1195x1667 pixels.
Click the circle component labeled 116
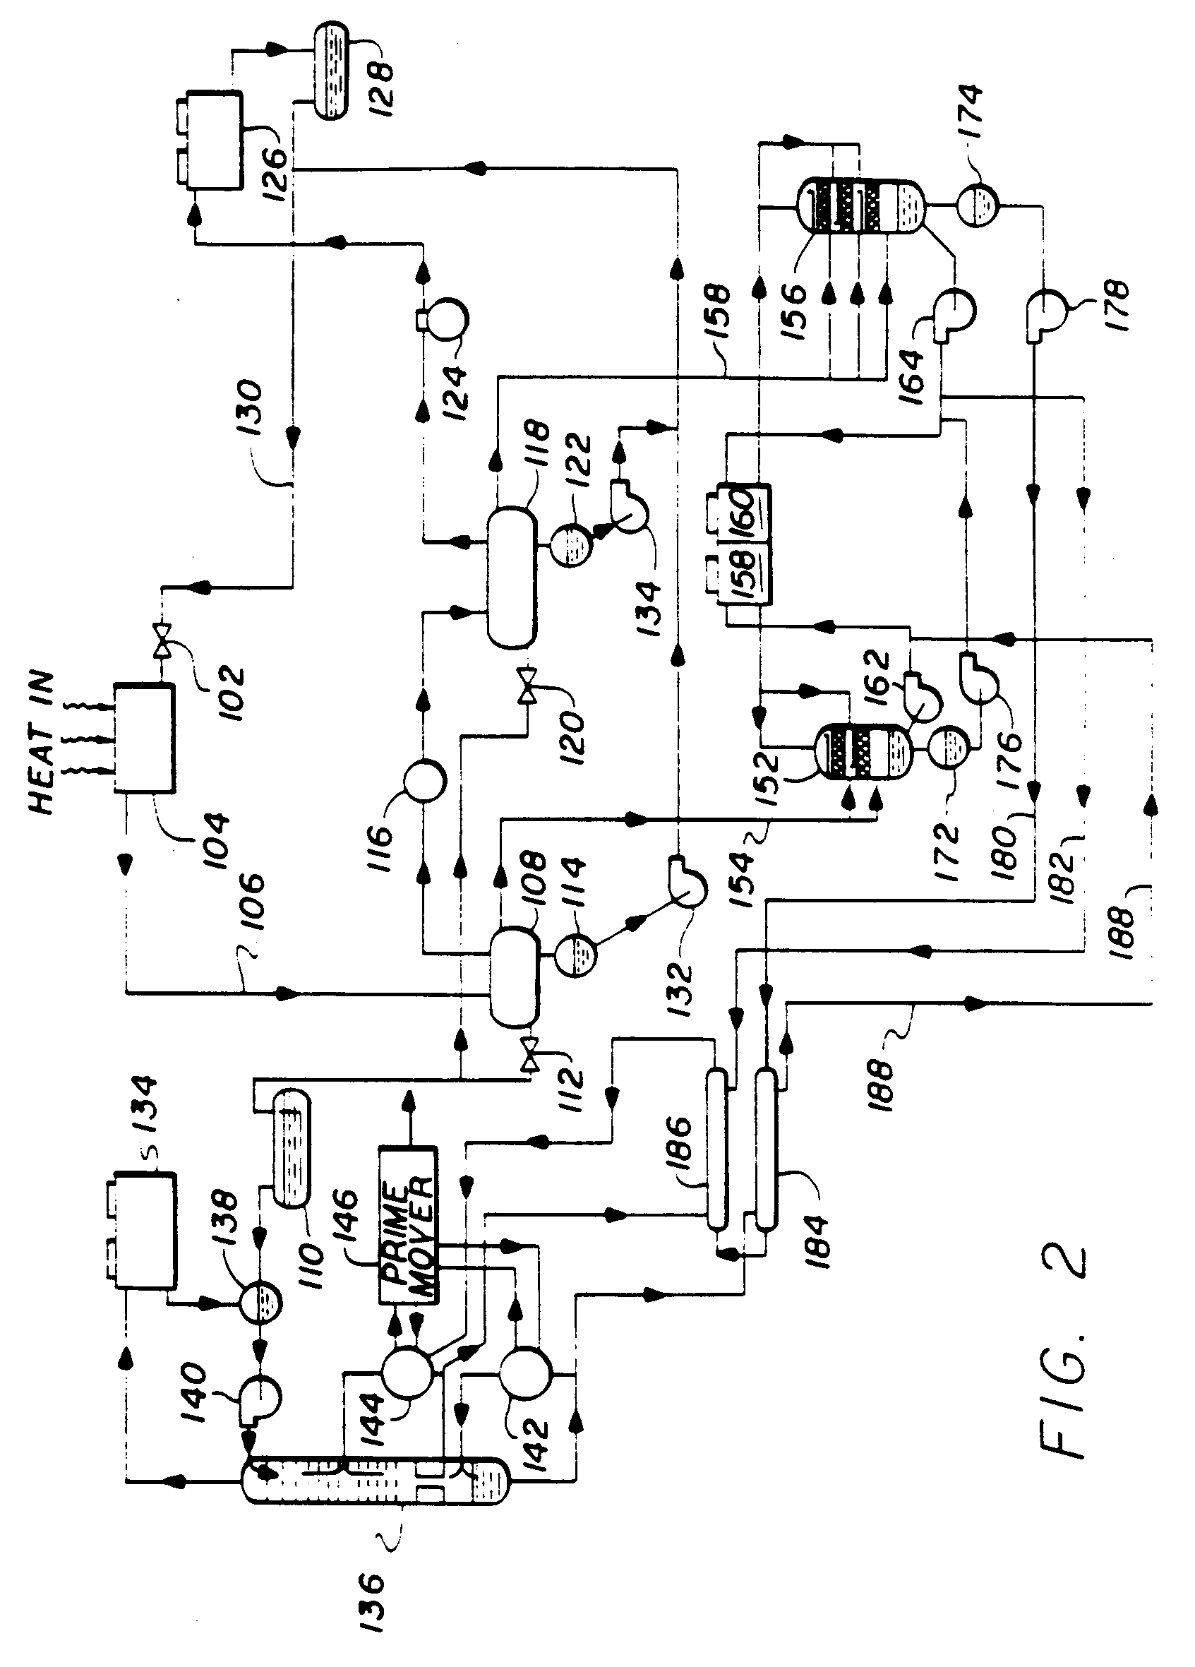point(424,781)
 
